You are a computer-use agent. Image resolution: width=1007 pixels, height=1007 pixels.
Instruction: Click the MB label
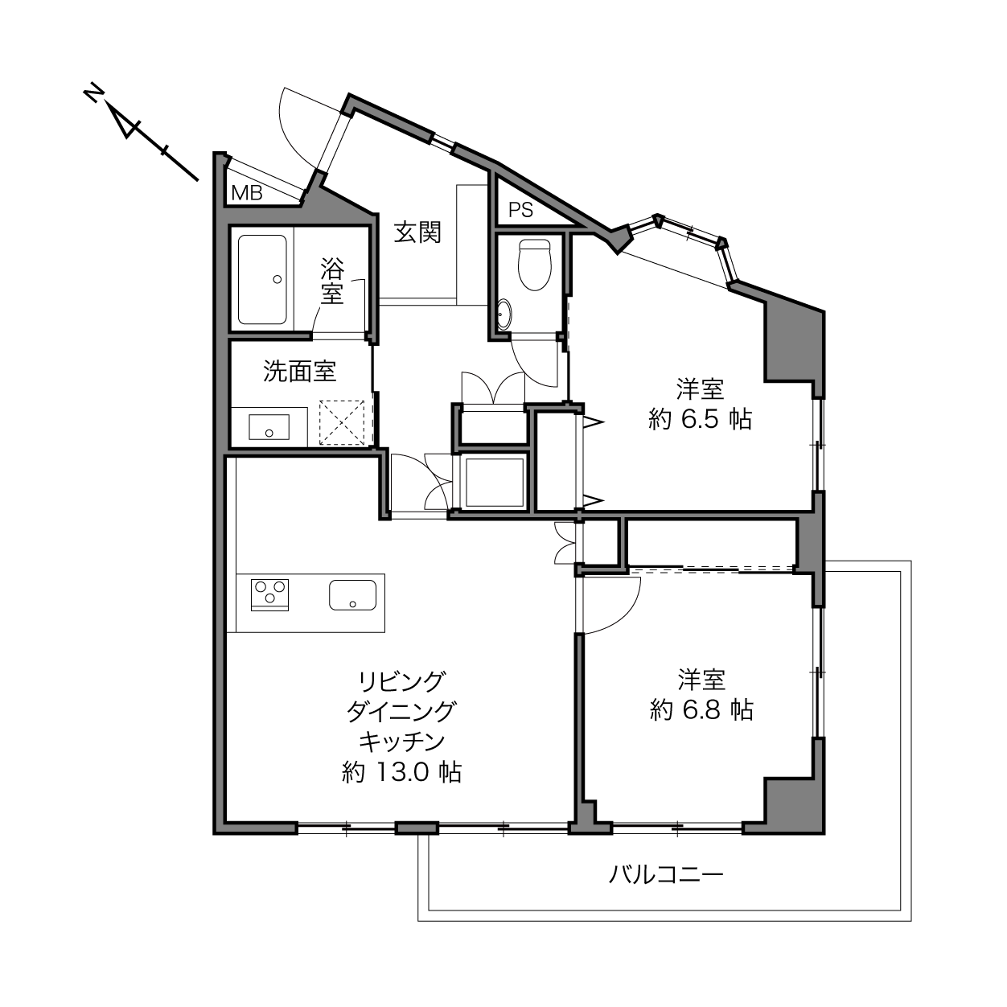click(246, 193)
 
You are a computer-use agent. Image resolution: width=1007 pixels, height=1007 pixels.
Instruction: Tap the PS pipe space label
click(520, 210)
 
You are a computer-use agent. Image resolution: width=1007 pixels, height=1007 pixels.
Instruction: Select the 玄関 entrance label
click(417, 232)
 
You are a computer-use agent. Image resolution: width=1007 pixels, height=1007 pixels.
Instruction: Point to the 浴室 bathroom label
click(332, 281)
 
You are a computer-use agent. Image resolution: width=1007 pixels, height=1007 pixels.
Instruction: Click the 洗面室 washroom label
click(299, 371)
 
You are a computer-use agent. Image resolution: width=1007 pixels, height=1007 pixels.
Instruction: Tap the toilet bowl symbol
click(534, 265)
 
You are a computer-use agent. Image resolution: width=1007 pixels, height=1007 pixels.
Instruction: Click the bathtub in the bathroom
click(262, 280)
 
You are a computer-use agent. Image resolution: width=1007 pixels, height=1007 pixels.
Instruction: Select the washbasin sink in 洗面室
click(269, 427)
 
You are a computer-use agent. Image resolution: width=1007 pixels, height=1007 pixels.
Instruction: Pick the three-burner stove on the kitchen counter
click(269, 594)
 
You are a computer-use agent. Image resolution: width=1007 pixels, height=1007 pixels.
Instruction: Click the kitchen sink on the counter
click(353, 594)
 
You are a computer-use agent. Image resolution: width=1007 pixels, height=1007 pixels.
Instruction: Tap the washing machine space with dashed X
click(342, 423)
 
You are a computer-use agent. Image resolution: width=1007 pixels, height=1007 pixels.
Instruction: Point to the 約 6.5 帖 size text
click(701, 419)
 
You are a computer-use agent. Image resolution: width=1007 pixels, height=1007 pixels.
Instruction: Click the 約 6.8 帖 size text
click(701, 709)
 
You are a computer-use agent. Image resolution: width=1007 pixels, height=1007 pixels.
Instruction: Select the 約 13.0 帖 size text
click(401, 771)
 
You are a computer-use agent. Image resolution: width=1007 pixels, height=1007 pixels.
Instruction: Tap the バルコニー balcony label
click(667, 873)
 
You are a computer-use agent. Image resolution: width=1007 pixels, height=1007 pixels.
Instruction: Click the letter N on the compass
click(92, 92)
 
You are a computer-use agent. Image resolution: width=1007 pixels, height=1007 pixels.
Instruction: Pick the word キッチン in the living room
click(401, 741)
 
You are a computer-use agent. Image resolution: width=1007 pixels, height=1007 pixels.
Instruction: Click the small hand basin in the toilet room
click(503, 314)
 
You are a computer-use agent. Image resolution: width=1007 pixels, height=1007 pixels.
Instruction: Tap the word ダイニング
click(401, 711)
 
